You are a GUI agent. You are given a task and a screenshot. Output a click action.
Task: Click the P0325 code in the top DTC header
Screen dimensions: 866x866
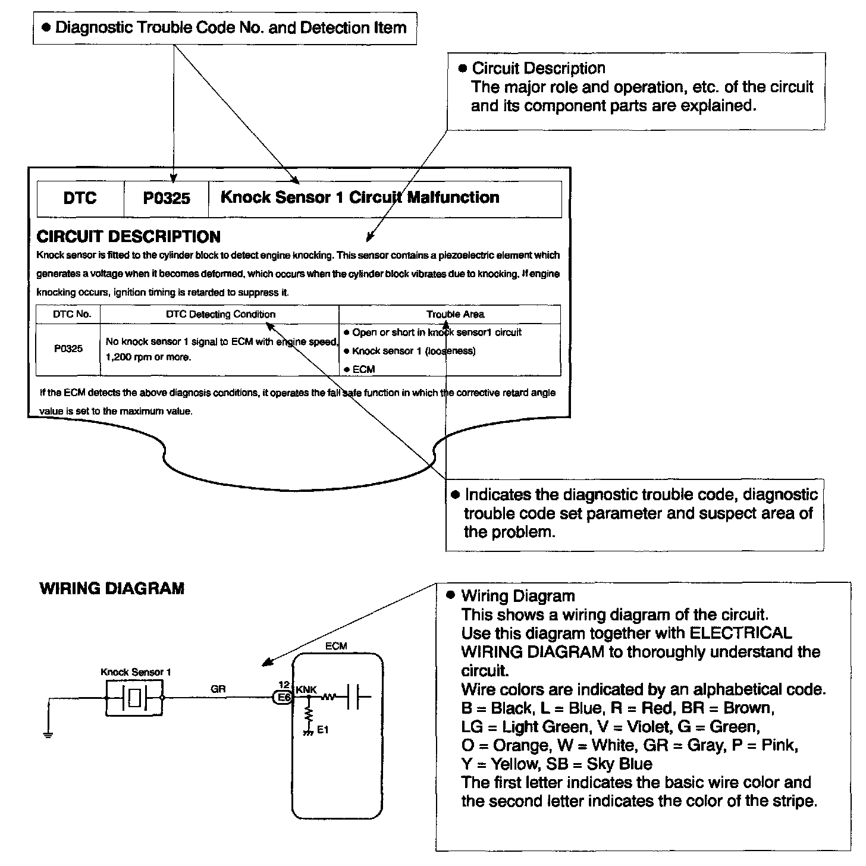tap(167, 198)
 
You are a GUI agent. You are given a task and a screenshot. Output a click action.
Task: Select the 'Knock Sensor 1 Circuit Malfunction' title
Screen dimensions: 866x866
tap(360, 197)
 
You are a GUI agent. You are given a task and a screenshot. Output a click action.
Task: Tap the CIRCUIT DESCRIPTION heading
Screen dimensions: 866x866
tap(128, 237)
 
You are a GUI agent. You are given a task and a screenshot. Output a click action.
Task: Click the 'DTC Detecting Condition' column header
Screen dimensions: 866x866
tap(220, 314)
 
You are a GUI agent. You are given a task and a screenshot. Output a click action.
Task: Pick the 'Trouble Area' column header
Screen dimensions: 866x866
tap(455, 314)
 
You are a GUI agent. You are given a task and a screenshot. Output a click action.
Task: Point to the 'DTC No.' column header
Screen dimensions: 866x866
tap(72, 314)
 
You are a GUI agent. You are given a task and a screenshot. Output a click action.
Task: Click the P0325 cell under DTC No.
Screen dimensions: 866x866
tap(68, 349)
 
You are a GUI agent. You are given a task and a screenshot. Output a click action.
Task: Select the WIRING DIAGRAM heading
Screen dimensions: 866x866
tap(112, 589)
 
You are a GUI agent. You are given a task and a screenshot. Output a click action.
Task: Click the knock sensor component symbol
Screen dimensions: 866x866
tap(134, 698)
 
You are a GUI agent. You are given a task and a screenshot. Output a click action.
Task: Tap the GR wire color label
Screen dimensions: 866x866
tap(218, 689)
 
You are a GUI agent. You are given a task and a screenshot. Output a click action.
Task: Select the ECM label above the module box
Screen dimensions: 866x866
tap(336, 646)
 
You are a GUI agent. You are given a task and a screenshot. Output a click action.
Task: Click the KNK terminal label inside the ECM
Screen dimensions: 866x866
tap(306, 689)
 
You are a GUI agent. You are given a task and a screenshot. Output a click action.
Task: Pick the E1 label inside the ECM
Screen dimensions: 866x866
tap(322, 730)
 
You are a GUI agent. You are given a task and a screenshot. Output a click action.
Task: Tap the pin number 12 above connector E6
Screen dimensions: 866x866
tap(284, 685)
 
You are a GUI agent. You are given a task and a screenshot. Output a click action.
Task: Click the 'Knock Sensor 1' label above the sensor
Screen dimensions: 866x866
tap(136, 672)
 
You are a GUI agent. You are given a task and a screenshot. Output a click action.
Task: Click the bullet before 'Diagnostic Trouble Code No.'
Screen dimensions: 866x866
tap(46, 28)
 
